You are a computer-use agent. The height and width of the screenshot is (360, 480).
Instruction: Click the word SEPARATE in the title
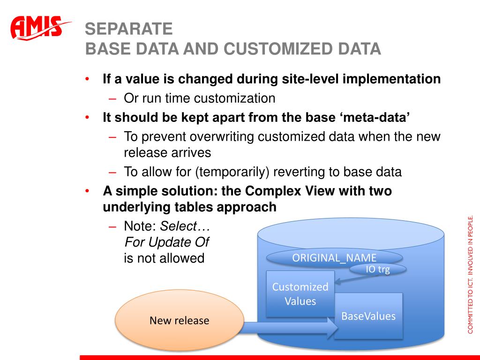point(129,30)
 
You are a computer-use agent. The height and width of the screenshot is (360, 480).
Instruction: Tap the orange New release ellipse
point(179,321)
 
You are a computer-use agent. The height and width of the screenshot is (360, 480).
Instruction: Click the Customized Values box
point(300,293)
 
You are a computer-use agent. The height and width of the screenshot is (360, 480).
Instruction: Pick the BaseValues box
point(368,316)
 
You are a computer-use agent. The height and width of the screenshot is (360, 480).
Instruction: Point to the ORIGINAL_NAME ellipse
point(334,257)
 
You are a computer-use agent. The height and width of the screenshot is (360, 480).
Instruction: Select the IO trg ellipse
point(378,269)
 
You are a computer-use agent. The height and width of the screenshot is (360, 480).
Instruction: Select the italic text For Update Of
point(166,242)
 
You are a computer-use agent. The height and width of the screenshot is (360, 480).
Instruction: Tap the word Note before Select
point(139,226)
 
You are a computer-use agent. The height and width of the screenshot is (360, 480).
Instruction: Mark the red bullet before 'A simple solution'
point(88,191)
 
